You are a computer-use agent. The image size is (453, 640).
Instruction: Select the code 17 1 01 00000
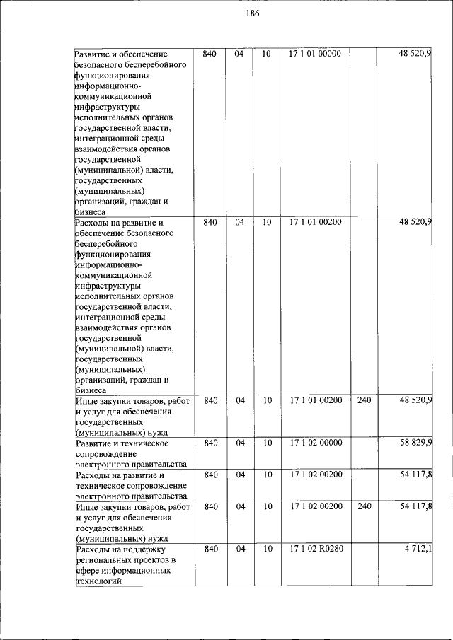click(x=315, y=54)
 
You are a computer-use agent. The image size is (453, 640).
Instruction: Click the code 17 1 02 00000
click(x=315, y=443)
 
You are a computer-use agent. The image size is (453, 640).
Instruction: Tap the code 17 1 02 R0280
click(x=315, y=549)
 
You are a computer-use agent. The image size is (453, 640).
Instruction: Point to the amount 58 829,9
click(x=415, y=443)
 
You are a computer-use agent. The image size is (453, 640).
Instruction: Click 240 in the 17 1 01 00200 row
click(x=364, y=401)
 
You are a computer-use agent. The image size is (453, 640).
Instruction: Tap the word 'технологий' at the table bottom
click(x=99, y=581)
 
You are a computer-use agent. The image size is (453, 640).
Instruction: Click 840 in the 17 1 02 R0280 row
click(x=210, y=549)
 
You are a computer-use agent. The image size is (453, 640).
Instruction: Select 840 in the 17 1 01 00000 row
click(x=210, y=54)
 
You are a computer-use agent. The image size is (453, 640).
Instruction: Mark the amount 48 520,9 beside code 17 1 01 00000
click(x=415, y=54)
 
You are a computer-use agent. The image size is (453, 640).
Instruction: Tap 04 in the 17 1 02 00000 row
click(x=240, y=443)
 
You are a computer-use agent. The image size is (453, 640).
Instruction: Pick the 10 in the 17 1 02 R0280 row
click(x=267, y=549)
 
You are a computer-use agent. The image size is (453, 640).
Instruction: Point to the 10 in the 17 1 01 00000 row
click(x=267, y=54)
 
